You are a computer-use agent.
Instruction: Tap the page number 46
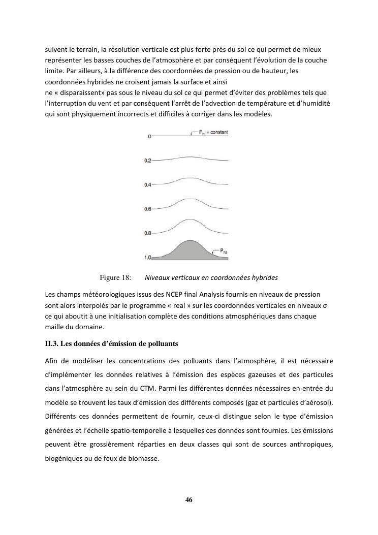pos(189,499)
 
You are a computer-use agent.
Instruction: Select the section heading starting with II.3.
pos(111,343)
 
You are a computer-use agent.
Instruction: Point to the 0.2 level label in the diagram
pos(148,161)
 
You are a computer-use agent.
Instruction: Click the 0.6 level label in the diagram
pos(148,209)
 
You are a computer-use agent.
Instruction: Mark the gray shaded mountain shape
pos(190,251)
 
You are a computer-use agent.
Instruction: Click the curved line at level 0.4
pos(190,178)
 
